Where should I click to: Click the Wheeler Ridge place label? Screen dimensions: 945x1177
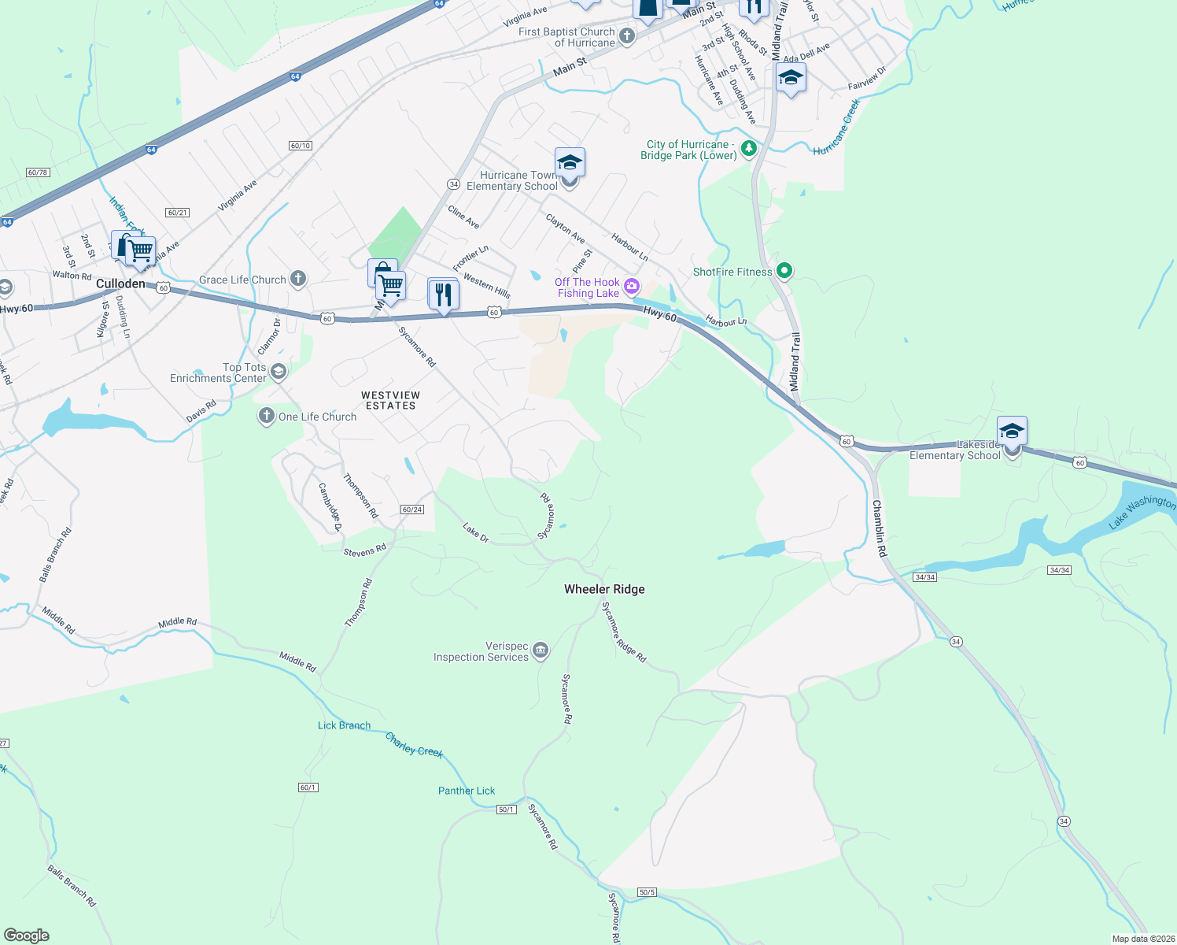coord(604,589)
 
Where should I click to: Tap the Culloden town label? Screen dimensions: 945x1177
coord(120,283)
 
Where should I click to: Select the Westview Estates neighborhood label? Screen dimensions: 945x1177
coord(390,400)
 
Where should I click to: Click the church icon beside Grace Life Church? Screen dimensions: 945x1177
coord(297,278)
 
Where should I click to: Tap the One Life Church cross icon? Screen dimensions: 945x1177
coord(267,416)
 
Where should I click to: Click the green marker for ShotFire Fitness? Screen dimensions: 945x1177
coord(784,271)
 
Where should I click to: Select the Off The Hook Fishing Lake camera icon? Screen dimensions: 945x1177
coord(631,286)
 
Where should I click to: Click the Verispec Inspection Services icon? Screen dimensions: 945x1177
coord(540,650)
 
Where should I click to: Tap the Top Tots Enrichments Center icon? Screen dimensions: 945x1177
coord(278,371)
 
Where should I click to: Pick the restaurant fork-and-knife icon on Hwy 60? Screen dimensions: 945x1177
coord(444,295)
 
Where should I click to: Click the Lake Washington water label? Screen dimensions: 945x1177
coord(1142,512)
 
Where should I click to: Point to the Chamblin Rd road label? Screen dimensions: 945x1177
coord(879,528)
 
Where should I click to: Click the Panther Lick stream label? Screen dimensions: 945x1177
coord(467,791)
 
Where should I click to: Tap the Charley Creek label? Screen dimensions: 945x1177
coord(415,745)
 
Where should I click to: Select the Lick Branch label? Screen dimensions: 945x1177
coord(344,725)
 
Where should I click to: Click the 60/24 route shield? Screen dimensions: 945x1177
coord(412,510)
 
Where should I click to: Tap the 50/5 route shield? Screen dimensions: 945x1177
coord(647,892)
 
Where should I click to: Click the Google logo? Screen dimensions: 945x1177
coord(26,935)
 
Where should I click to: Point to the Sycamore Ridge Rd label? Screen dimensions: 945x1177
coord(623,632)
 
